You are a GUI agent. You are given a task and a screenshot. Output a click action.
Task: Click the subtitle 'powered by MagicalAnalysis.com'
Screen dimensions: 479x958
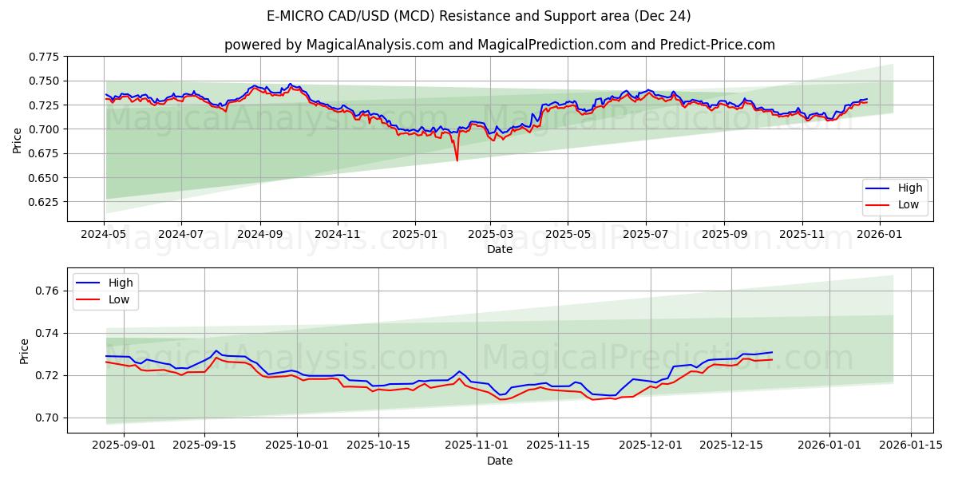pyautogui.click(x=499, y=45)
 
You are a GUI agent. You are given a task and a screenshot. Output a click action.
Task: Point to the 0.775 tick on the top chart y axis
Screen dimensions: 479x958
pyautogui.click(x=44, y=57)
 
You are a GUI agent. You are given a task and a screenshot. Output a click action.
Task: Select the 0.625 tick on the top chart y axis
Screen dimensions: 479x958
pyautogui.click(x=44, y=202)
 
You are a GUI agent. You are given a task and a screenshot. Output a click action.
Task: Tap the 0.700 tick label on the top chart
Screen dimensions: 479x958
pyautogui.click(x=44, y=129)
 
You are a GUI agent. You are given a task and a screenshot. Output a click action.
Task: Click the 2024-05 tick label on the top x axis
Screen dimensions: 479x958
pyautogui.click(x=104, y=235)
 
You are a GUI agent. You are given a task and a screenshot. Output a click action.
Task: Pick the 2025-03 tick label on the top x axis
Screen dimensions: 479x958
pyautogui.click(x=490, y=235)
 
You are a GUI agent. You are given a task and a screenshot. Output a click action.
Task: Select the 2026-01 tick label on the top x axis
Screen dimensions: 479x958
pyautogui.click(x=878, y=235)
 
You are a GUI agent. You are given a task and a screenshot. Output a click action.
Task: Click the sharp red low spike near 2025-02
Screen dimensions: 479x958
pyautogui.click(x=457, y=160)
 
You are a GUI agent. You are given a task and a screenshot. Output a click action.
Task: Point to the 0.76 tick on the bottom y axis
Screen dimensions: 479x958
pyautogui.click(x=47, y=291)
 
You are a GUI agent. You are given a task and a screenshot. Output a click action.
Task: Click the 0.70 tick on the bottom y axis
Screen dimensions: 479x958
pyautogui.click(x=47, y=418)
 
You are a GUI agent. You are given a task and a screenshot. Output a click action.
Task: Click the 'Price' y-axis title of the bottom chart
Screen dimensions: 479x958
pyautogui.click(x=24, y=351)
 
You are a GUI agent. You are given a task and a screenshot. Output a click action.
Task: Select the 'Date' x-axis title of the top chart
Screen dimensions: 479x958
pyautogui.click(x=499, y=249)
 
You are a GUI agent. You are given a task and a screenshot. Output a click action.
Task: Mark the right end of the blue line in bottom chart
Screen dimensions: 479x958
pyautogui.click(x=772, y=352)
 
